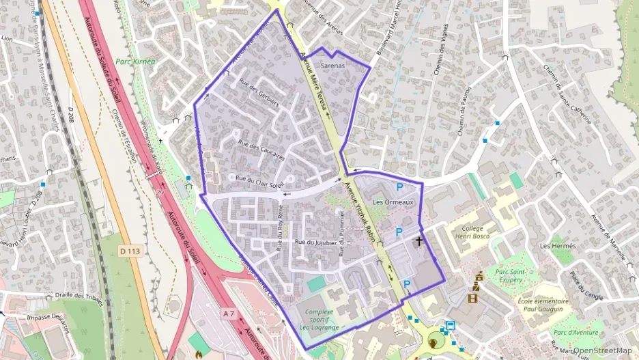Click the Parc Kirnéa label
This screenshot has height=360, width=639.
[136, 61]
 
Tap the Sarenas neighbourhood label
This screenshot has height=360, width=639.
[332, 66]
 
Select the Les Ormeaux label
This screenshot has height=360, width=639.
[393, 203]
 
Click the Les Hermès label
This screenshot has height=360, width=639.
[558, 245]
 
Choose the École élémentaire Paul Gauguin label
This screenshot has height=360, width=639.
[543, 305]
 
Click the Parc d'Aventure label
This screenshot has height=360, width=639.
[575, 333]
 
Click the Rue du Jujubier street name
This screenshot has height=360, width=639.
[315, 243]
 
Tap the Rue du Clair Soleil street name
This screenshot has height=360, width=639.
[258, 182]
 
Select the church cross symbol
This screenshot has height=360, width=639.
[418, 241]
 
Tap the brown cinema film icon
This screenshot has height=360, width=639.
[473, 298]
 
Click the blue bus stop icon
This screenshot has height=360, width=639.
[450, 326]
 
